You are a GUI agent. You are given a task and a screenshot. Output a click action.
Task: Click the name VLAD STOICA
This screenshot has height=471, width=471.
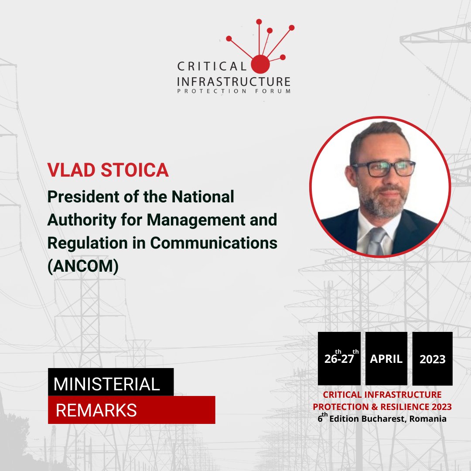click(x=108, y=170)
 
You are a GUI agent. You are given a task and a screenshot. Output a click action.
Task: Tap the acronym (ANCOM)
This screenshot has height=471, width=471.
click(x=83, y=266)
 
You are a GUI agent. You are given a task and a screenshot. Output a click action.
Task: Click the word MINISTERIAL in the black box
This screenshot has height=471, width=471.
click(x=107, y=384)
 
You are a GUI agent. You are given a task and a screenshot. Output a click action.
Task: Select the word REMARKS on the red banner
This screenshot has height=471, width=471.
click(x=96, y=410)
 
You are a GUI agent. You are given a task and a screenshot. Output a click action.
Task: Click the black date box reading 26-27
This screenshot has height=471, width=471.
click(x=339, y=358)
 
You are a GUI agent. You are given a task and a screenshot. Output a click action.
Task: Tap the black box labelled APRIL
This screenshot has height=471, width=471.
click(x=386, y=358)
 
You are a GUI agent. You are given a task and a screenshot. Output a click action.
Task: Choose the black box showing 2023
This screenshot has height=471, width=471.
click(x=432, y=358)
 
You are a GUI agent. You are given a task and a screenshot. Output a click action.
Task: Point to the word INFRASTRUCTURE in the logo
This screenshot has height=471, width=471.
click(x=233, y=81)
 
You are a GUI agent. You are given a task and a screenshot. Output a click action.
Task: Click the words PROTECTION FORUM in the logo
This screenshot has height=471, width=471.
click(x=233, y=91)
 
